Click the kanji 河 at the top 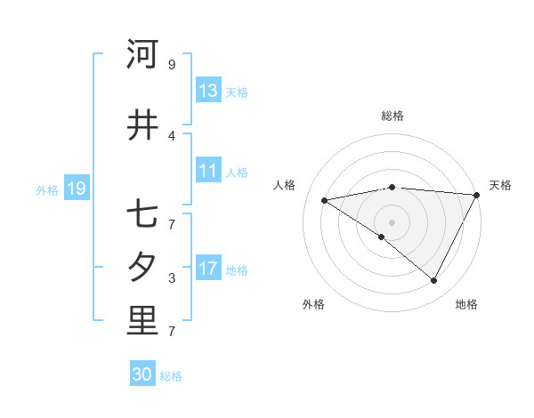click(142, 54)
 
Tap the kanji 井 click(142, 125)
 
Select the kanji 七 click(142, 213)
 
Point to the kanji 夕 click(142, 267)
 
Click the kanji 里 click(142, 321)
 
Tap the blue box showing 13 click(208, 91)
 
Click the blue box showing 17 click(208, 269)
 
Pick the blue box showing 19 click(76, 189)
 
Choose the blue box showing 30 click(142, 374)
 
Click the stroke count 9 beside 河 click(172, 65)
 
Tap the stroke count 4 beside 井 click(172, 136)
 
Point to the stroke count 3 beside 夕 click(172, 278)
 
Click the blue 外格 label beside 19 click(47, 189)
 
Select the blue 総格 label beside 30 click(171, 376)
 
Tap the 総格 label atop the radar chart click(392, 116)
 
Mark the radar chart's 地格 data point click(434, 281)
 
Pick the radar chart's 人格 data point click(324, 200)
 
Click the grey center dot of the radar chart click(392, 221)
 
